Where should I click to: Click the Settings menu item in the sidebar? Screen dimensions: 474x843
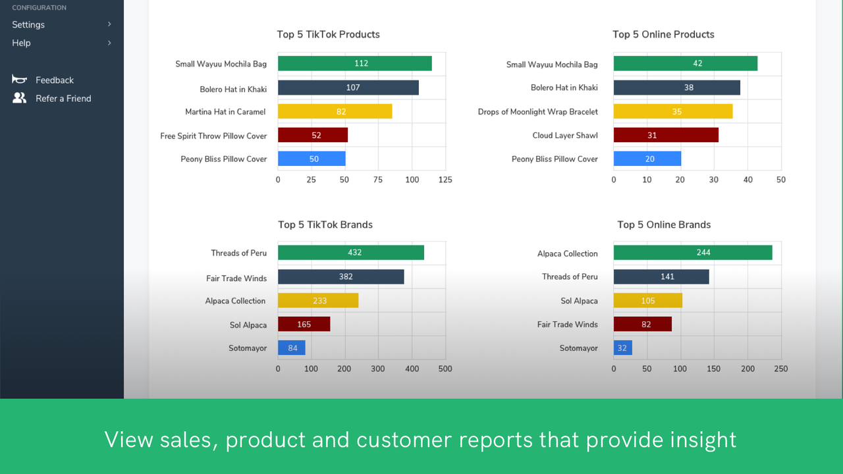tap(28, 24)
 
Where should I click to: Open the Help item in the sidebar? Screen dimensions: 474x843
tap(21, 43)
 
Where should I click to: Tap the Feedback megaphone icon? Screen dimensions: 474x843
tap(19, 80)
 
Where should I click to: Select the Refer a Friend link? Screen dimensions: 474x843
tap(63, 98)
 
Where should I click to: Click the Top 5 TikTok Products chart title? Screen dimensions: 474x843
tap(328, 34)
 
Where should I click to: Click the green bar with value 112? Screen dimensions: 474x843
tap(354, 63)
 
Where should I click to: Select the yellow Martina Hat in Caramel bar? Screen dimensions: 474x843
tap(335, 111)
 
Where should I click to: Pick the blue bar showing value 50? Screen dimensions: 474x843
tap(312, 159)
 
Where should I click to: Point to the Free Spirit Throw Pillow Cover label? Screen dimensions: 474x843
tap(213, 136)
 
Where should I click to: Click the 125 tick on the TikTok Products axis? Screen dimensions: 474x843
tap(445, 180)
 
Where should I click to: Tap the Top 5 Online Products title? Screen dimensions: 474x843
tap(663, 34)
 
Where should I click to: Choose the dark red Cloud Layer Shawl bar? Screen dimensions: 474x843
tap(666, 135)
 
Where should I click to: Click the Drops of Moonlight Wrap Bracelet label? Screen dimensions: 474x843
tap(537, 112)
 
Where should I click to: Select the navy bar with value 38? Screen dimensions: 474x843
tap(676, 88)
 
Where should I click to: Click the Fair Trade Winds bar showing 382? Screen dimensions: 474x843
tap(340, 276)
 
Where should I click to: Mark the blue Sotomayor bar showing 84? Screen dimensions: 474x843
tap(292, 348)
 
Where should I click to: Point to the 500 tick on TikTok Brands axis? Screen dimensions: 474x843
tap(445, 369)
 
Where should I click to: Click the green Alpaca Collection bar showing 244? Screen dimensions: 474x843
tap(693, 252)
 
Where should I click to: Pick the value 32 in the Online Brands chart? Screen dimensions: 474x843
tap(622, 348)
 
